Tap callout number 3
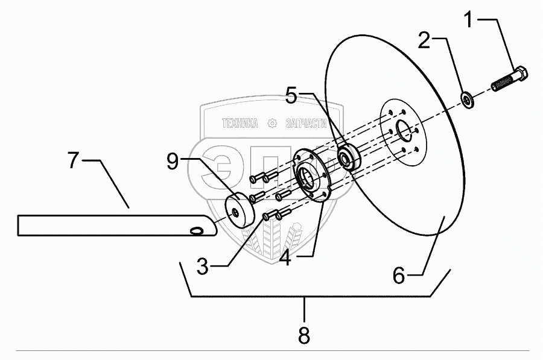click(203, 266)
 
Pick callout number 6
click(399, 276)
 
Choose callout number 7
click(73, 162)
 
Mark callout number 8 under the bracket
click(304, 335)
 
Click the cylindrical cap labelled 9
click(239, 208)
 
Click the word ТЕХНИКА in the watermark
click(240, 124)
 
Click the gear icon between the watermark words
click(272, 124)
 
